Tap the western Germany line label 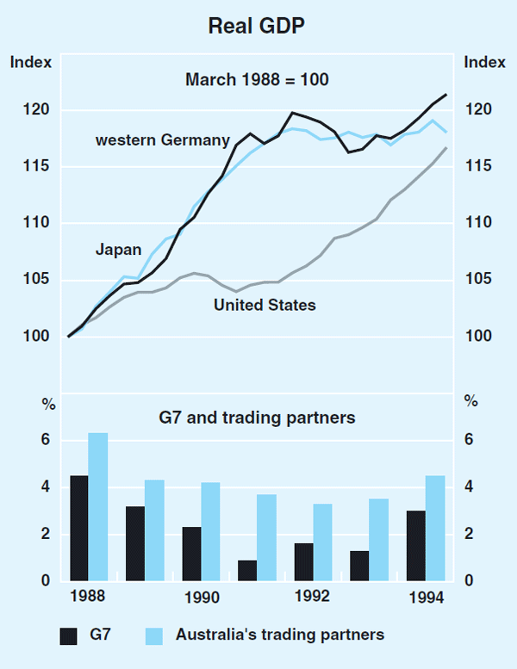click(163, 140)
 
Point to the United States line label click(265, 305)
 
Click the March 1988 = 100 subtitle click(258, 79)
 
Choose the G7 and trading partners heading click(258, 418)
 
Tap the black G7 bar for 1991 click(247, 570)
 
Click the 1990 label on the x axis click(200, 597)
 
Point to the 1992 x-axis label click(312, 597)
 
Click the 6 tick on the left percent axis click(46, 441)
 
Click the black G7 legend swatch click(70, 636)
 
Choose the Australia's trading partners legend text click(280, 635)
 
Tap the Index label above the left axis click(31, 62)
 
